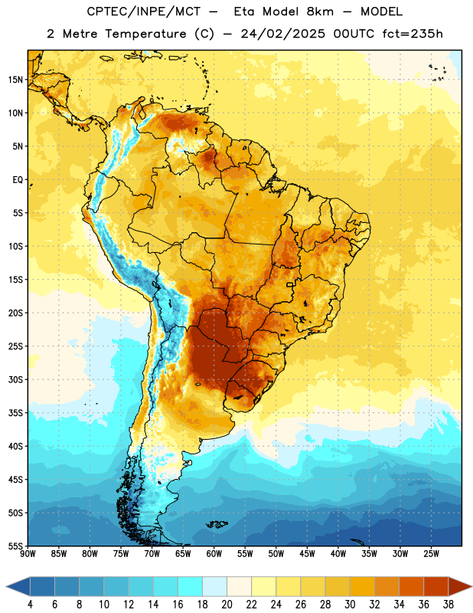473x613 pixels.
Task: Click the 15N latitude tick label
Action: (15, 80)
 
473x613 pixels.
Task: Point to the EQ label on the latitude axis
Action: (18, 180)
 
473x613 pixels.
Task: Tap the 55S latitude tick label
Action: (15, 546)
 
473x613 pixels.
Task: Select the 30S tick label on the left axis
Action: (15, 379)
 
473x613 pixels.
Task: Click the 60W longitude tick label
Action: (214, 553)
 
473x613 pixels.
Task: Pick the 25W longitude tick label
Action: (431, 553)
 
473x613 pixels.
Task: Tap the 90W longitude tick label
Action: (28, 553)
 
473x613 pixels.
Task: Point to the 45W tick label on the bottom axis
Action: (307, 553)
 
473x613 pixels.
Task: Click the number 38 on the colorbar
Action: (449, 605)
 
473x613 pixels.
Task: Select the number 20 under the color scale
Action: (227, 605)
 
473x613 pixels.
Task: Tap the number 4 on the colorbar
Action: (30, 605)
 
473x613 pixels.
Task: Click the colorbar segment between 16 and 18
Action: (191, 586)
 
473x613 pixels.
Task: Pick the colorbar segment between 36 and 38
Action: (436, 586)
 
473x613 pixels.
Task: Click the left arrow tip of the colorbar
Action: (6, 586)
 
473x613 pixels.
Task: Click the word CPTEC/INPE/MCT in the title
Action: (143, 11)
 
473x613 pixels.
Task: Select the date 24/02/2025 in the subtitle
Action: (282, 34)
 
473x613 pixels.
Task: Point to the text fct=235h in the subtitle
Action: (413, 34)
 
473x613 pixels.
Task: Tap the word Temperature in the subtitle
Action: (145, 34)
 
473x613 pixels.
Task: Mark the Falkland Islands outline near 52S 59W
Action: (217, 524)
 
